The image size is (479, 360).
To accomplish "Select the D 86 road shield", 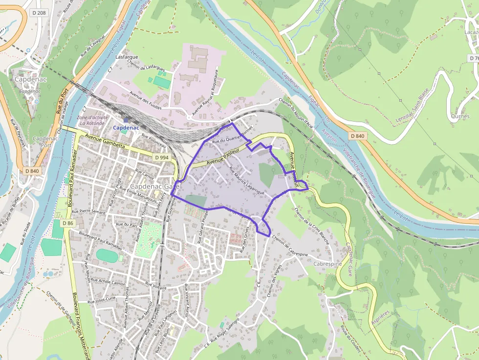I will coord(67,223).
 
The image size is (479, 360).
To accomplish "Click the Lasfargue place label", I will coord(127,57).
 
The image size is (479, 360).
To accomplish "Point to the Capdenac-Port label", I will coord(46,142).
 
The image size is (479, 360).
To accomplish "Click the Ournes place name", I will coord(460,116).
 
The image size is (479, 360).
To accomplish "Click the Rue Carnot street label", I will coord(144,174).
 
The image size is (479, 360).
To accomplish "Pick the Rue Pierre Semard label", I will coord(88,212).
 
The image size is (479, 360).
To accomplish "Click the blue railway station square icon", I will coord(126,120).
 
